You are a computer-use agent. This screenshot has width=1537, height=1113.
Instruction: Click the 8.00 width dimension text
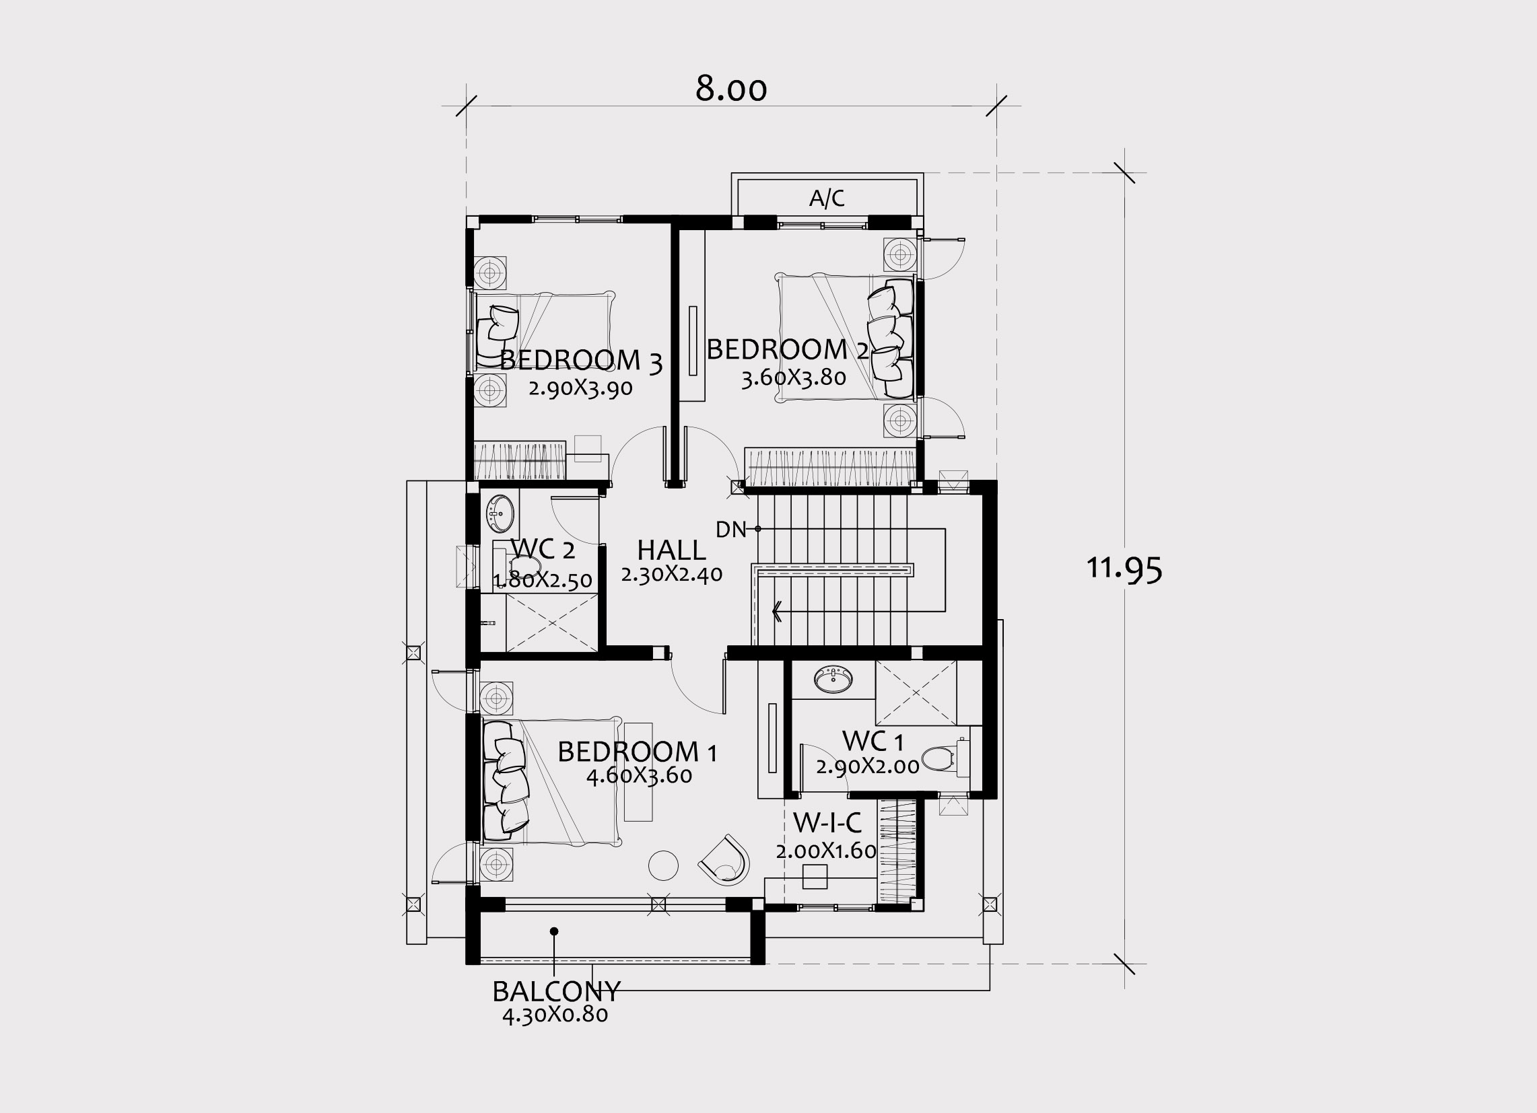tap(730, 89)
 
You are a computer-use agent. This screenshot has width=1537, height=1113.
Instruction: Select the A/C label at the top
tap(827, 199)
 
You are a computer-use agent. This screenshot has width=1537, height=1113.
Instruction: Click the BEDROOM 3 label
tap(580, 361)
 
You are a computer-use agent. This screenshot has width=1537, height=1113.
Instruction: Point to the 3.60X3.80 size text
tap(794, 378)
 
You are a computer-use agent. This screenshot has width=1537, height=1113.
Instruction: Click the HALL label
tap(671, 549)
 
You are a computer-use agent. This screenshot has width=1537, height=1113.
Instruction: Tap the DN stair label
tap(730, 530)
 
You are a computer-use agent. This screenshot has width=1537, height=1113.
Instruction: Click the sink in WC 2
tap(500, 513)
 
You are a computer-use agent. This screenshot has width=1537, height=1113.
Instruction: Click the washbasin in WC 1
tap(833, 680)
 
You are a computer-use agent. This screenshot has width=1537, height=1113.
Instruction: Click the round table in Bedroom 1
tap(663, 865)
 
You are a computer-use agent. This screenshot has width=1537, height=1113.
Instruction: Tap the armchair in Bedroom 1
tap(724, 861)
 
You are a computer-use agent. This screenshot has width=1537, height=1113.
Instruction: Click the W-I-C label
tap(827, 823)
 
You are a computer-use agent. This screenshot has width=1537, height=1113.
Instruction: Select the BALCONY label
tap(555, 992)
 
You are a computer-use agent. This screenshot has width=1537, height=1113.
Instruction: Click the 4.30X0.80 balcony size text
tap(555, 1015)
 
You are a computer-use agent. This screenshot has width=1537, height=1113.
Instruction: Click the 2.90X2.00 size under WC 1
tap(867, 766)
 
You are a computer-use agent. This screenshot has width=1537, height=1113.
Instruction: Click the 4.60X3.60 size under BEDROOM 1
tap(639, 776)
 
